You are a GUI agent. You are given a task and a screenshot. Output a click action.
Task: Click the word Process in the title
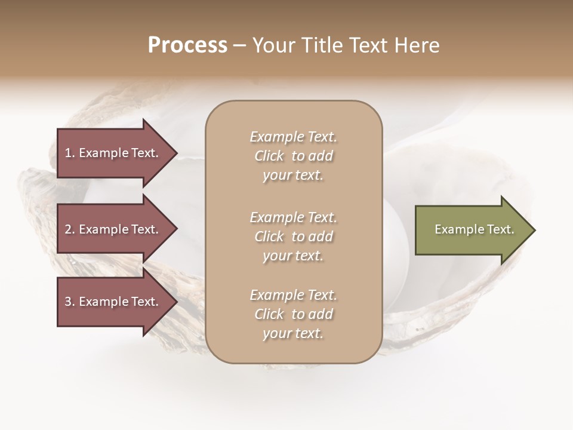coord(187,45)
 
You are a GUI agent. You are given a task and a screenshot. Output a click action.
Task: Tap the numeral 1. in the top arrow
coord(70,153)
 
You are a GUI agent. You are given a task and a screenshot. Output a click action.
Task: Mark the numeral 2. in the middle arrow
coord(70,229)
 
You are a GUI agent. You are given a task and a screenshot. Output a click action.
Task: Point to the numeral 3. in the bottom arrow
coord(70,302)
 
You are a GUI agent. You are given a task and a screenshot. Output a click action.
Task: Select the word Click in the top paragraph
coord(269,156)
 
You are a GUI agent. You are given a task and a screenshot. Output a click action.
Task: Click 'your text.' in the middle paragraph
coord(293,256)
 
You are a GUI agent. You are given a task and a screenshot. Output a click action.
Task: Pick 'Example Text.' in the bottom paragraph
coord(293,295)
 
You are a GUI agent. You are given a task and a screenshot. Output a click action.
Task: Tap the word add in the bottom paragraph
coord(321,314)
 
